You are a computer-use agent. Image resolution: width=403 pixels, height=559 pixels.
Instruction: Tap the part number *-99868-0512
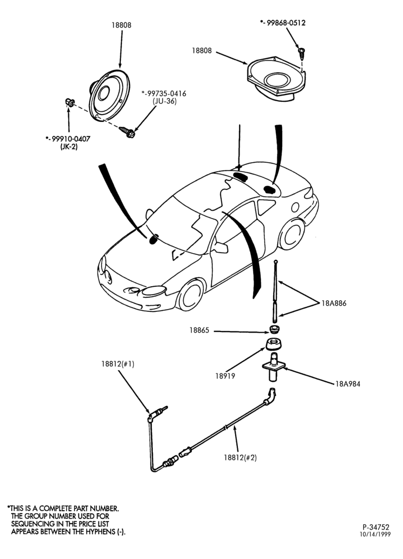click(283, 23)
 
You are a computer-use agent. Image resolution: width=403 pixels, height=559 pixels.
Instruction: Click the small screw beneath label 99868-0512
click(302, 54)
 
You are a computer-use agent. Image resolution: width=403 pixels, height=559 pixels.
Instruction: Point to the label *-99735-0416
click(164, 93)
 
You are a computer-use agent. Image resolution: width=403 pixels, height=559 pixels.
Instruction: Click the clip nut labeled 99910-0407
click(69, 103)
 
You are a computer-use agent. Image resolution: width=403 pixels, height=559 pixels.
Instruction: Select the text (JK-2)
click(69, 146)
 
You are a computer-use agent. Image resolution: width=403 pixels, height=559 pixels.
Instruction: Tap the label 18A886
click(334, 304)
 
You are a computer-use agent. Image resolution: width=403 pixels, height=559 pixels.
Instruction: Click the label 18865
click(199, 330)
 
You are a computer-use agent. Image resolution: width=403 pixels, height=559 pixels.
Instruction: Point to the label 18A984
click(348, 384)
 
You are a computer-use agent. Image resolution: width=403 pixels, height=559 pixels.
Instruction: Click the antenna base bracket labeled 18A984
click(274, 367)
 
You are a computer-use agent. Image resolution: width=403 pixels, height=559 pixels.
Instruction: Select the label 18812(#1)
click(118, 364)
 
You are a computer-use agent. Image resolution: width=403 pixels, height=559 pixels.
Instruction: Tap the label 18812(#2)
click(240, 457)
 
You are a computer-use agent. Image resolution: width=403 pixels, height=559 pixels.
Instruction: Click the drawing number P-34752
click(376, 527)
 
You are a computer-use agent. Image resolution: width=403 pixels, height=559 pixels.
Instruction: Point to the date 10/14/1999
click(375, 534)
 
